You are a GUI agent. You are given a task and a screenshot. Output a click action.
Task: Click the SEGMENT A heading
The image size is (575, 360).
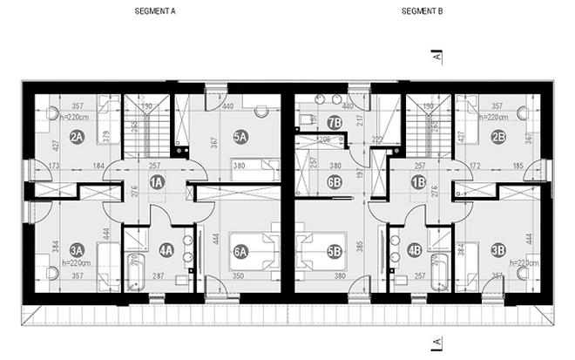click(x=156, y=13)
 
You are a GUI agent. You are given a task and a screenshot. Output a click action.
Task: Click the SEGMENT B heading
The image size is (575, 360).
click(x=423, y=13)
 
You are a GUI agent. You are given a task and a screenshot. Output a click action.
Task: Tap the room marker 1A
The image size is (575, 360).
click(x=158, y=181)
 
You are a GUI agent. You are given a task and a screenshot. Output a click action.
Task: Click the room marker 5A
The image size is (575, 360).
click(x=240, y=136)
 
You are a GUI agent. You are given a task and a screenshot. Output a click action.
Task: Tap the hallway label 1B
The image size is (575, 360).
click(x=418, y=181)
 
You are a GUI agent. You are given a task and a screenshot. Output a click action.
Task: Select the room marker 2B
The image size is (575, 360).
click(x=498, y=136)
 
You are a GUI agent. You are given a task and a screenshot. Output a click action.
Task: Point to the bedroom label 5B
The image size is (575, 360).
click(x=334, y=253)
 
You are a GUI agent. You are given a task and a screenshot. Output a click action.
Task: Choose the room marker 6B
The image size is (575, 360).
click(x=334, y=181)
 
